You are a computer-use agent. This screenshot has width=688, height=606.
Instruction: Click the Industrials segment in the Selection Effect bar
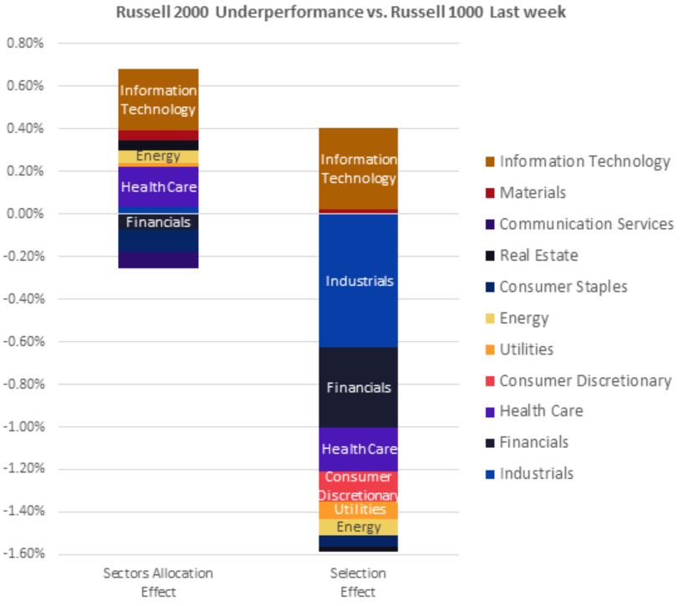359,281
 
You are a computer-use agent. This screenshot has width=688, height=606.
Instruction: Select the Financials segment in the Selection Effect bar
359,388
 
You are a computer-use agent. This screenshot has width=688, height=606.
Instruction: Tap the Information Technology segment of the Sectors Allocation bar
158,99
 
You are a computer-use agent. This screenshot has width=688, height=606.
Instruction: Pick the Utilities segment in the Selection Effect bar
359,510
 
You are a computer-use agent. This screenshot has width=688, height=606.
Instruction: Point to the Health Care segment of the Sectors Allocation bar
158,187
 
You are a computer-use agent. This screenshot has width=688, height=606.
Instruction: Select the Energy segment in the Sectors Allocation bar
158,156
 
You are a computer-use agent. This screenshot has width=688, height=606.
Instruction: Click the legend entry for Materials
533,193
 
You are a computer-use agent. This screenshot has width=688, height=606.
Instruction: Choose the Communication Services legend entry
586,224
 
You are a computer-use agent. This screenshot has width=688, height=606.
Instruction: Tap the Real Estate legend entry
538,256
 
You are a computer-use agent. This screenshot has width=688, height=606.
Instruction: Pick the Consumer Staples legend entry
563,287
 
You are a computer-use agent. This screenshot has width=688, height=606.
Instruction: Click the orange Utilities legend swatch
488,350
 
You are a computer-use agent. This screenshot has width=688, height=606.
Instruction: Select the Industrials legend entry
536,474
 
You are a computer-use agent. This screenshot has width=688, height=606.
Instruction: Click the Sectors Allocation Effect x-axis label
158,581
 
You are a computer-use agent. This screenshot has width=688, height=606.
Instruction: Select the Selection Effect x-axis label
359,581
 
